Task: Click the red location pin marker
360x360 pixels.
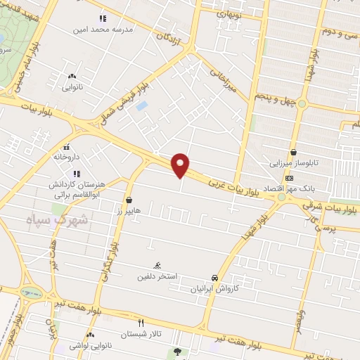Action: click(181, 165)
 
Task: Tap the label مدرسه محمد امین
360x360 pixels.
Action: click(103, 30)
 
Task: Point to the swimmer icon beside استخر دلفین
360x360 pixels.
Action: click(158, 265)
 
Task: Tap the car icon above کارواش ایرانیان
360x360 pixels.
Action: click(214, 278)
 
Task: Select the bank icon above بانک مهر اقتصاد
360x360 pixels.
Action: click(289, 179)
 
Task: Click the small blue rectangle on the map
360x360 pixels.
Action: click(142, 106)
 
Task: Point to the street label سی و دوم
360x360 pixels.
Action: click(345, 33)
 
